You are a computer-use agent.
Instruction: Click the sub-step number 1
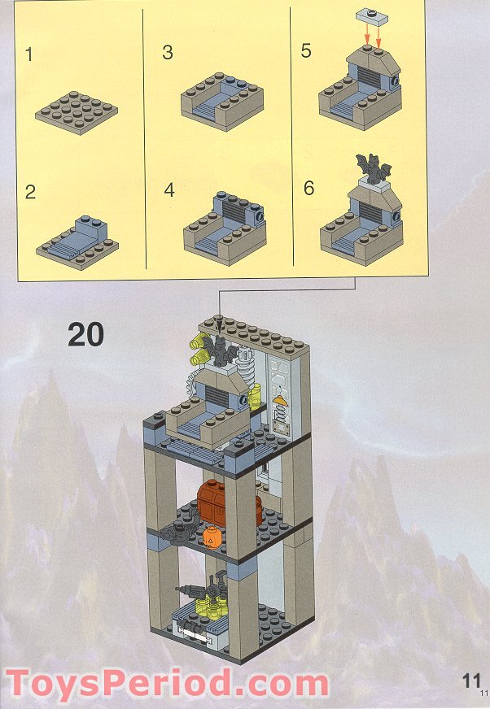29,54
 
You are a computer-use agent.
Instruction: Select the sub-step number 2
30,192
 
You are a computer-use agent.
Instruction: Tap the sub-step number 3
168,53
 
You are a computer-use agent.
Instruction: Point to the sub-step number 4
169,190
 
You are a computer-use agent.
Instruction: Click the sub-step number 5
306,50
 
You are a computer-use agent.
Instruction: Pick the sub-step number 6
308,188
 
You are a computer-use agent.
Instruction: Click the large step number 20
86,335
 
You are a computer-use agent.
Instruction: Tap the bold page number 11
471,681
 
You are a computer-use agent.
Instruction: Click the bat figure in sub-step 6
373,168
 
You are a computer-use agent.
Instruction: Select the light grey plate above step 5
371,18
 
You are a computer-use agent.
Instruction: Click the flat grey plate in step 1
77,113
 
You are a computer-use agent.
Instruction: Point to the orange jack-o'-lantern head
212,537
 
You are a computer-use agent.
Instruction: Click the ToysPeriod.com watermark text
167,684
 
